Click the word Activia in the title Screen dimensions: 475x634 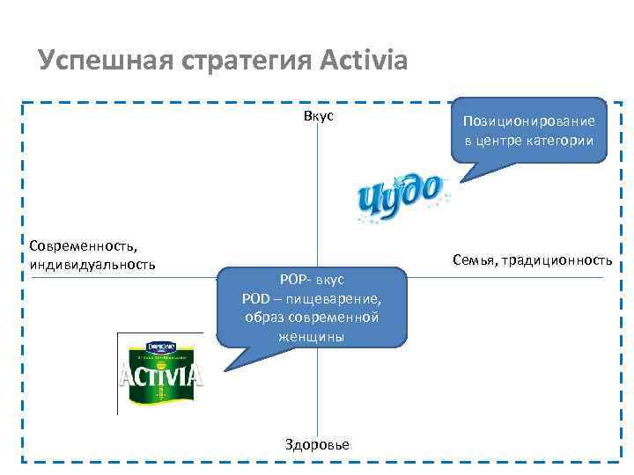click(x=361, y=62)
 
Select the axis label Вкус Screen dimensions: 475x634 click(x=318, y=116)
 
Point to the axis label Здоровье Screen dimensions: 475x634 click(x=317, y=444)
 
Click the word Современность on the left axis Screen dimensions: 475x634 click(x=76, y=246)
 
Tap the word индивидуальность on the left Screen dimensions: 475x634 click(x=92, y=263)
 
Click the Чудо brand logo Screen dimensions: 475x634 click(x=400, y=199)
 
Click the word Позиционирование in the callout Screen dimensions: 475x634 click(x=529, y=121)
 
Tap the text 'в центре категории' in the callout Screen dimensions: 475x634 click(x=529, y=140)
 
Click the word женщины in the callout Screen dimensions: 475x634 click(x=312, y=335)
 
